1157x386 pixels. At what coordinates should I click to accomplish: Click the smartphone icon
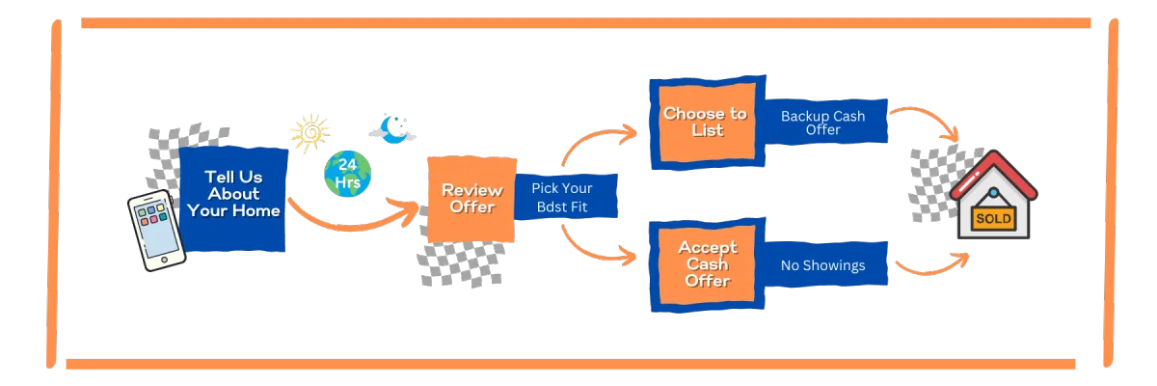[156, 229]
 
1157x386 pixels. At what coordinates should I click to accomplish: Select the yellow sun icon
[310, 134]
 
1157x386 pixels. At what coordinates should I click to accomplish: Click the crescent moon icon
[391, 128]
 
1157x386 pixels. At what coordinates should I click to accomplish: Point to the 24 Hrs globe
[347, 174]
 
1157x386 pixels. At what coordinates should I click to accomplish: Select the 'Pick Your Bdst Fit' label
[562, 197]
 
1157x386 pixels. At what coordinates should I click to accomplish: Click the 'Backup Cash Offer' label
[822, 123]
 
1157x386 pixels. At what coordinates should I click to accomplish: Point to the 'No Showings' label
[822, 264]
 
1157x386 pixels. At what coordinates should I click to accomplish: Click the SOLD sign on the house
[993, 218]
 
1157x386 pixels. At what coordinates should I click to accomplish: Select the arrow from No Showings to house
[930, 267]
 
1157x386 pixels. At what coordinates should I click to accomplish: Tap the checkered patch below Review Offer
[460, 262]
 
